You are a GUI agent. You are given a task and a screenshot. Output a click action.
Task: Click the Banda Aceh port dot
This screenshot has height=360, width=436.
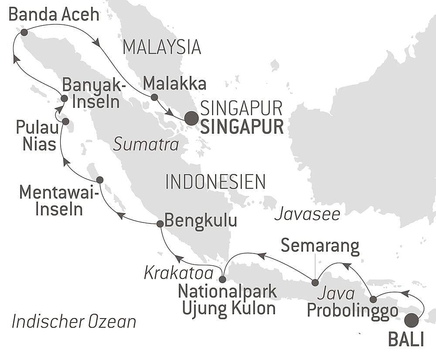click(x=24, y=32)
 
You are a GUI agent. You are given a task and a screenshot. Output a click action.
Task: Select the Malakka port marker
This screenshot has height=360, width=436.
click(x=154, y=97)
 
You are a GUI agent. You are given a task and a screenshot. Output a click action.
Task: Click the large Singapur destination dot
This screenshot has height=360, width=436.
click(x=191, y=118)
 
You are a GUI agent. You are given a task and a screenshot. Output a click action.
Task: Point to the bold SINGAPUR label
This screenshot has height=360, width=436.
click(x=242, y=127)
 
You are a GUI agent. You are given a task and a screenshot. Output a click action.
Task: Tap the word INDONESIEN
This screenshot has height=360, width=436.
click(x=215, y=182)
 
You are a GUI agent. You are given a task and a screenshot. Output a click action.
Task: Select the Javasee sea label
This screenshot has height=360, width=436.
click(x=307, y=214)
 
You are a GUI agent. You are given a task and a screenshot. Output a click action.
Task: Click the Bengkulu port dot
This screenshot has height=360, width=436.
click(x=160, y=223)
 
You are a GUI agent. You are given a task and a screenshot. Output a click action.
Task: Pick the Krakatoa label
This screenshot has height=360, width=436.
click(x=178, y=274)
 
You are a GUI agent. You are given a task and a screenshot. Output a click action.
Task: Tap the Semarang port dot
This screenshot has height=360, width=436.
click(x=315, y=283)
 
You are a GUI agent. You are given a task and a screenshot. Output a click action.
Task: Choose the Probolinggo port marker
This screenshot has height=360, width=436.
click(x=373, y=299)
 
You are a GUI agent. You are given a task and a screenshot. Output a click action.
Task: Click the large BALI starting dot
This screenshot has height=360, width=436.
click(x=411, y=321)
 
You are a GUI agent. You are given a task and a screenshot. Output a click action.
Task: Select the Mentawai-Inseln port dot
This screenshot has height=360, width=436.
click(x=99, y=180)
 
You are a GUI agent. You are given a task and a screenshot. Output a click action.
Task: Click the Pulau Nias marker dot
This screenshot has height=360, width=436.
click(x=65, y=121)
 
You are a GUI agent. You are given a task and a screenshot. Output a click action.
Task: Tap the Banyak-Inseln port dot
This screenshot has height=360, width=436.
click(x=64, y=99)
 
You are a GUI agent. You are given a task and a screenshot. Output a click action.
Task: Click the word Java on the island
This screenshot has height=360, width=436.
click(x=330, y=294)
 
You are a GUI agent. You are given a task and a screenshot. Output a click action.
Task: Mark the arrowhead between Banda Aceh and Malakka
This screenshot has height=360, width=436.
click(x=96, y=42)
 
